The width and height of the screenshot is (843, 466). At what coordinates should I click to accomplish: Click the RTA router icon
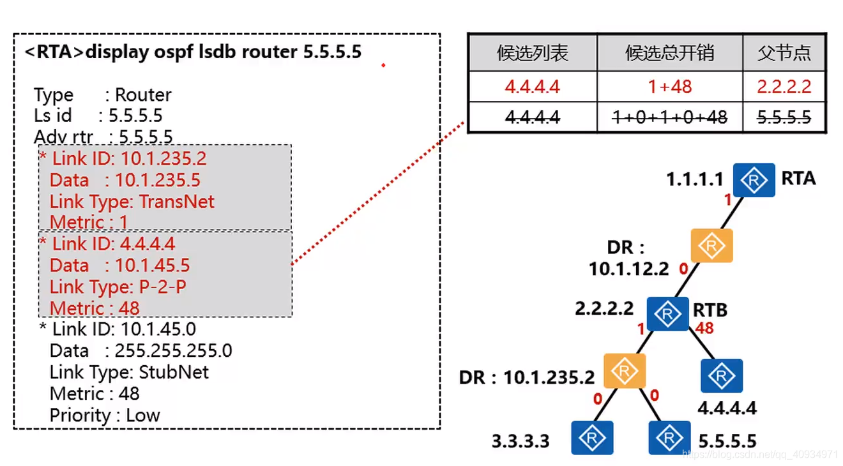pos(754,180)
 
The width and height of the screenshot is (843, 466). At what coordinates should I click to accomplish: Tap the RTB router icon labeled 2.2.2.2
pos(667,313)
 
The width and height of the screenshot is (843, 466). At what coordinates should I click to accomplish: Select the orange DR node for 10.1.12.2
pos(711,246)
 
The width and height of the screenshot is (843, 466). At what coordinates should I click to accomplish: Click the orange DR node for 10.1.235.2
pos(625,371)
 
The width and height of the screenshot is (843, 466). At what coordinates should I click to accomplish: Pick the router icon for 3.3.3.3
pos(592,438)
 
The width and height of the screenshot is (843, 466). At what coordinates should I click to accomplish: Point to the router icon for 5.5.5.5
pos(669,438)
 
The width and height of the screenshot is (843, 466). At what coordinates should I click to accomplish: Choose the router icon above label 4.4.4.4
pos(722,375)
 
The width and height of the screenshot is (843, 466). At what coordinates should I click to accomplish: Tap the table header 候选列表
pos(532,53)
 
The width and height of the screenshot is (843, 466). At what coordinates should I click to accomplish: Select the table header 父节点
pos(784,53)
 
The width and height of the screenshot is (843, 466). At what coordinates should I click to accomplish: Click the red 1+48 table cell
pos(669,86)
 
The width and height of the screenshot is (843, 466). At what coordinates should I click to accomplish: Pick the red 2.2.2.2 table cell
pos(784,86)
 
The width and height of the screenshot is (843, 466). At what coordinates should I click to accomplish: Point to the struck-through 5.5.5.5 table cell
pos(784,117)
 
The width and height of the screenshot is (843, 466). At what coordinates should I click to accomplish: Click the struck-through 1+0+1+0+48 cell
pos(669,117)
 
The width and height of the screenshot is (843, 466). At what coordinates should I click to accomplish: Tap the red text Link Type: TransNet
pos(132,202)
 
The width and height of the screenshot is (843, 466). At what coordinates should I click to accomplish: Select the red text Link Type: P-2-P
pos(118,287)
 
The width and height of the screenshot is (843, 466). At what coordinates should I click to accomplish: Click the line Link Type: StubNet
pos(129,372)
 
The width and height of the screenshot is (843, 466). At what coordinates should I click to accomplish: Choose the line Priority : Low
pos(105,415)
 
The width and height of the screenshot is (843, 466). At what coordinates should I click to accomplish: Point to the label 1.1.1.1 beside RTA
pos(695,179)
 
